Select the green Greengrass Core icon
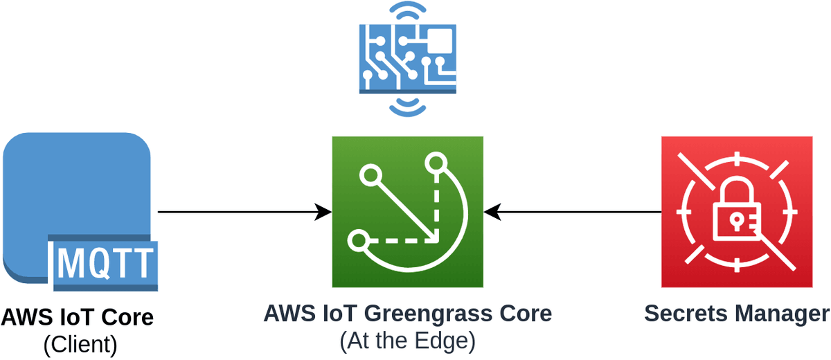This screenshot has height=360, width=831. [x=407, y=212]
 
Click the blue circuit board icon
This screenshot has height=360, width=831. [x=407, y=59]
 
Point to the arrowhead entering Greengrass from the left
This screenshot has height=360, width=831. [x=323, y=212]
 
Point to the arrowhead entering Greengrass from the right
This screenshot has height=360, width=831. [x=492, y=212]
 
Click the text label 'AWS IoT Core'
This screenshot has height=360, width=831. [x=77, y=318]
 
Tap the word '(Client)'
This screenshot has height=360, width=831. [x=80, y=343]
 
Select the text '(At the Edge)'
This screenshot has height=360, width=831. [x=407, y=341]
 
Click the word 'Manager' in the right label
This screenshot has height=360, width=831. [x=781, y=314]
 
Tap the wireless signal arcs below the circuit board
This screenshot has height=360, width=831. [x=407, y=105]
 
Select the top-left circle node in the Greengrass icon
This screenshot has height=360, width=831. [x=368, y=174]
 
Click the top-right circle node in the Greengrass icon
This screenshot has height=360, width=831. [x=437, y=163]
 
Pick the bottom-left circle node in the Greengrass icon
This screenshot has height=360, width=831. [x=358, y=241]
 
